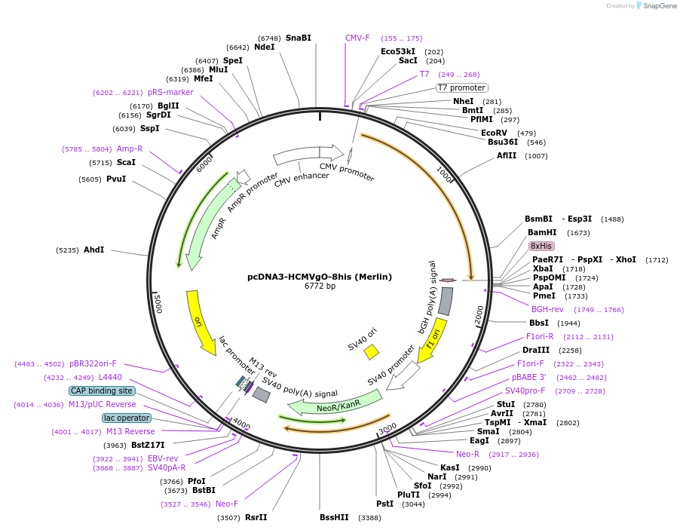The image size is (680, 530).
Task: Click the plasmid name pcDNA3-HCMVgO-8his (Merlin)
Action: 320,277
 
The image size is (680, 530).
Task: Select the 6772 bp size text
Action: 320,286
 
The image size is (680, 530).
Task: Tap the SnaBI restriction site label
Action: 298,38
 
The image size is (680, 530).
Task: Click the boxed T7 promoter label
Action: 462,87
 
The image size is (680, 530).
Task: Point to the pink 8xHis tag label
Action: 541,246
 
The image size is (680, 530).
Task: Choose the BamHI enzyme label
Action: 542,233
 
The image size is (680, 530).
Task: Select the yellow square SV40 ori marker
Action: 372,352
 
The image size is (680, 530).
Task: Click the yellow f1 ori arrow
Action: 432,339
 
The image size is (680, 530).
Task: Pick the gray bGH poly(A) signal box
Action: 446,301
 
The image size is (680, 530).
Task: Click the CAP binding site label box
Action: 102,391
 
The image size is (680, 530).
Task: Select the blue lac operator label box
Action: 127,418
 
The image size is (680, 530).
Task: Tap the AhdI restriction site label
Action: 94,250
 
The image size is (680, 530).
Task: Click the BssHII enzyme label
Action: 334,517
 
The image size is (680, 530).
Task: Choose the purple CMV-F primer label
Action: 357,38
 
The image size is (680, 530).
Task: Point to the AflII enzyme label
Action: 507,156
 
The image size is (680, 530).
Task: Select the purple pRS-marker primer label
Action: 170,92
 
